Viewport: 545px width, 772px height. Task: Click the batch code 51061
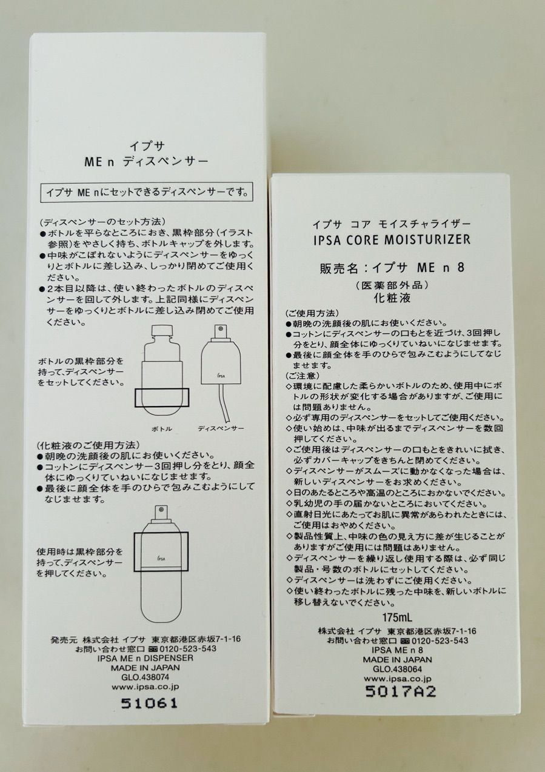149,703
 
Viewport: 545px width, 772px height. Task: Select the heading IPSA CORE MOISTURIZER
392,239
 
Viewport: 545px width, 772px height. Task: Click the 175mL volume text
397,616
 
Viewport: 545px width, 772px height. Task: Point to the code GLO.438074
145,676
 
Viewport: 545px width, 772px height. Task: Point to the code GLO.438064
397,669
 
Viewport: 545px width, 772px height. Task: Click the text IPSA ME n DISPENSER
145,657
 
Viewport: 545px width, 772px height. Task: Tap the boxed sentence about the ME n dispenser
147,192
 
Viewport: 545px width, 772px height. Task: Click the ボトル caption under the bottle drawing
162,429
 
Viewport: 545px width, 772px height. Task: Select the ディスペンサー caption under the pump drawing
221,428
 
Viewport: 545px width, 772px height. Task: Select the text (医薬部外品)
392,285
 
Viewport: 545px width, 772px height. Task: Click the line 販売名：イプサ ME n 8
392,268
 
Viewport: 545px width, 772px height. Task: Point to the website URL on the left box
145,686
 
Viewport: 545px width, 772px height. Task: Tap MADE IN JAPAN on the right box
397,660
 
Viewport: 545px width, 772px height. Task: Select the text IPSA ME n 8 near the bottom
397,650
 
